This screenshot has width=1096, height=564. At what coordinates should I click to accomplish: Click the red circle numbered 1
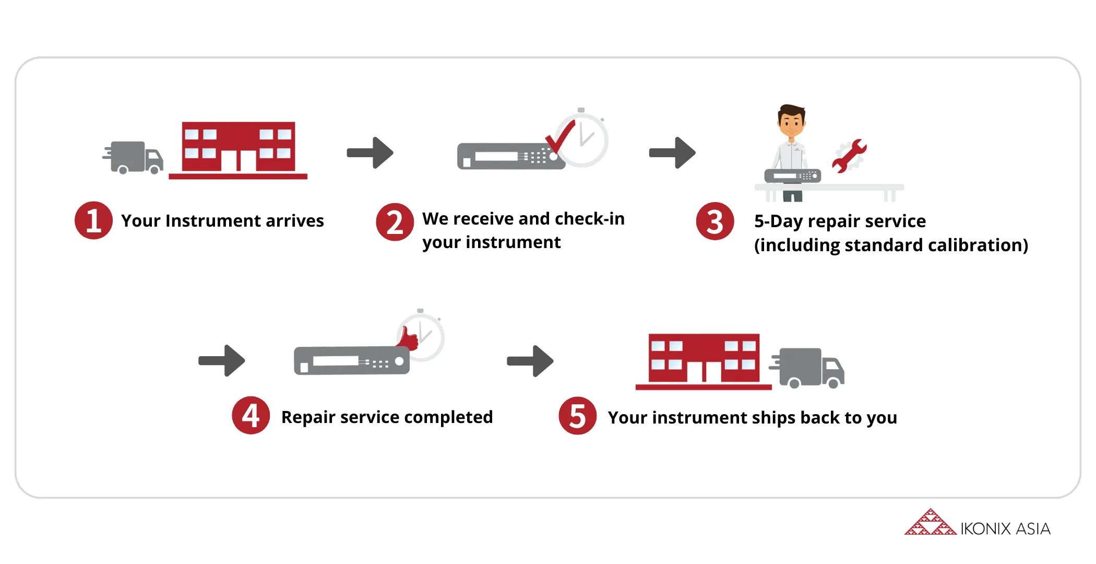pos(93,220)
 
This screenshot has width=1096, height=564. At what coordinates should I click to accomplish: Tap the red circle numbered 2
pos(395,222)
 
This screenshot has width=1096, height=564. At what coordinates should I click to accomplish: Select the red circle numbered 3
pos(715,221)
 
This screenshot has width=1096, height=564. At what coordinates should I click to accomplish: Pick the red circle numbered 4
pos(251,416)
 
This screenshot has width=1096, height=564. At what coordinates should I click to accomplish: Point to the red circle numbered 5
pos(578,416)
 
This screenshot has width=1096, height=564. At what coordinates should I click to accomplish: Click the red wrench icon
pos(849,156)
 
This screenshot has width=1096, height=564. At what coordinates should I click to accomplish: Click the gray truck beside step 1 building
pos(133,158)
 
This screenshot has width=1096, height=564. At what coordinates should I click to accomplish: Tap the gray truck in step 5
pos(807,368)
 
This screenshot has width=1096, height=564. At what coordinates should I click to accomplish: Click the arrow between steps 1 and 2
pos(370,153)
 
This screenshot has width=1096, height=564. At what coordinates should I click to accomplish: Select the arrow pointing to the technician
pos(672,153)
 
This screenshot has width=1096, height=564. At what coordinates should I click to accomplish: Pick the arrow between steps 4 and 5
pos(530,361)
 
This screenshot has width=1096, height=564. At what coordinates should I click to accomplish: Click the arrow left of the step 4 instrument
pos(222,360)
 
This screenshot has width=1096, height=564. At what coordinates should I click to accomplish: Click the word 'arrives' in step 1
pos(295,221)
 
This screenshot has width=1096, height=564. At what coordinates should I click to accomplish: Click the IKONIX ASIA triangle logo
pos(931,522)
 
